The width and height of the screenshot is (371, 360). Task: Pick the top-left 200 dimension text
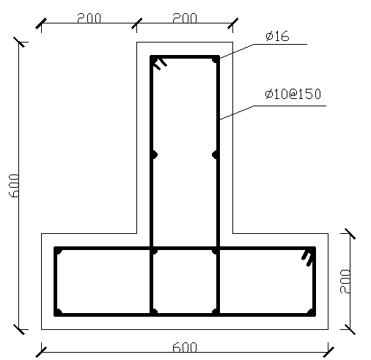tap(89, 18)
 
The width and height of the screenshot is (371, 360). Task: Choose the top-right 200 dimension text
tap(184, 18)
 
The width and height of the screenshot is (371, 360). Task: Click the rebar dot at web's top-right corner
tap(215, 60)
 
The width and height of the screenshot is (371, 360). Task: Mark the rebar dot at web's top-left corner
tap(155, 60)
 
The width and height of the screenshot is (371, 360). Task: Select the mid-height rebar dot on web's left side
tap(154, 155)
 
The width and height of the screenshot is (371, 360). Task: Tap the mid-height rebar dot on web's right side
tap(216, 155)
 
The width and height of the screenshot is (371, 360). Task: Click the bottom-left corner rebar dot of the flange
tap(59, 312)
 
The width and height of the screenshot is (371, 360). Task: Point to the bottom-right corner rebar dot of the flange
tap(311, 312)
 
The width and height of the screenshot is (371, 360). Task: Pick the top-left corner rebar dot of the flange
tap(59, 251)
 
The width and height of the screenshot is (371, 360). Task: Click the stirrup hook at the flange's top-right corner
tap(307, 256)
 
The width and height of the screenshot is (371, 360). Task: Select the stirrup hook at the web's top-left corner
tap(160, 63)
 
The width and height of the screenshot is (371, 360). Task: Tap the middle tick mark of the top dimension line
tap(136, 26)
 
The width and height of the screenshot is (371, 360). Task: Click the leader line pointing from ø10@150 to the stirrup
tap(236, 113)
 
